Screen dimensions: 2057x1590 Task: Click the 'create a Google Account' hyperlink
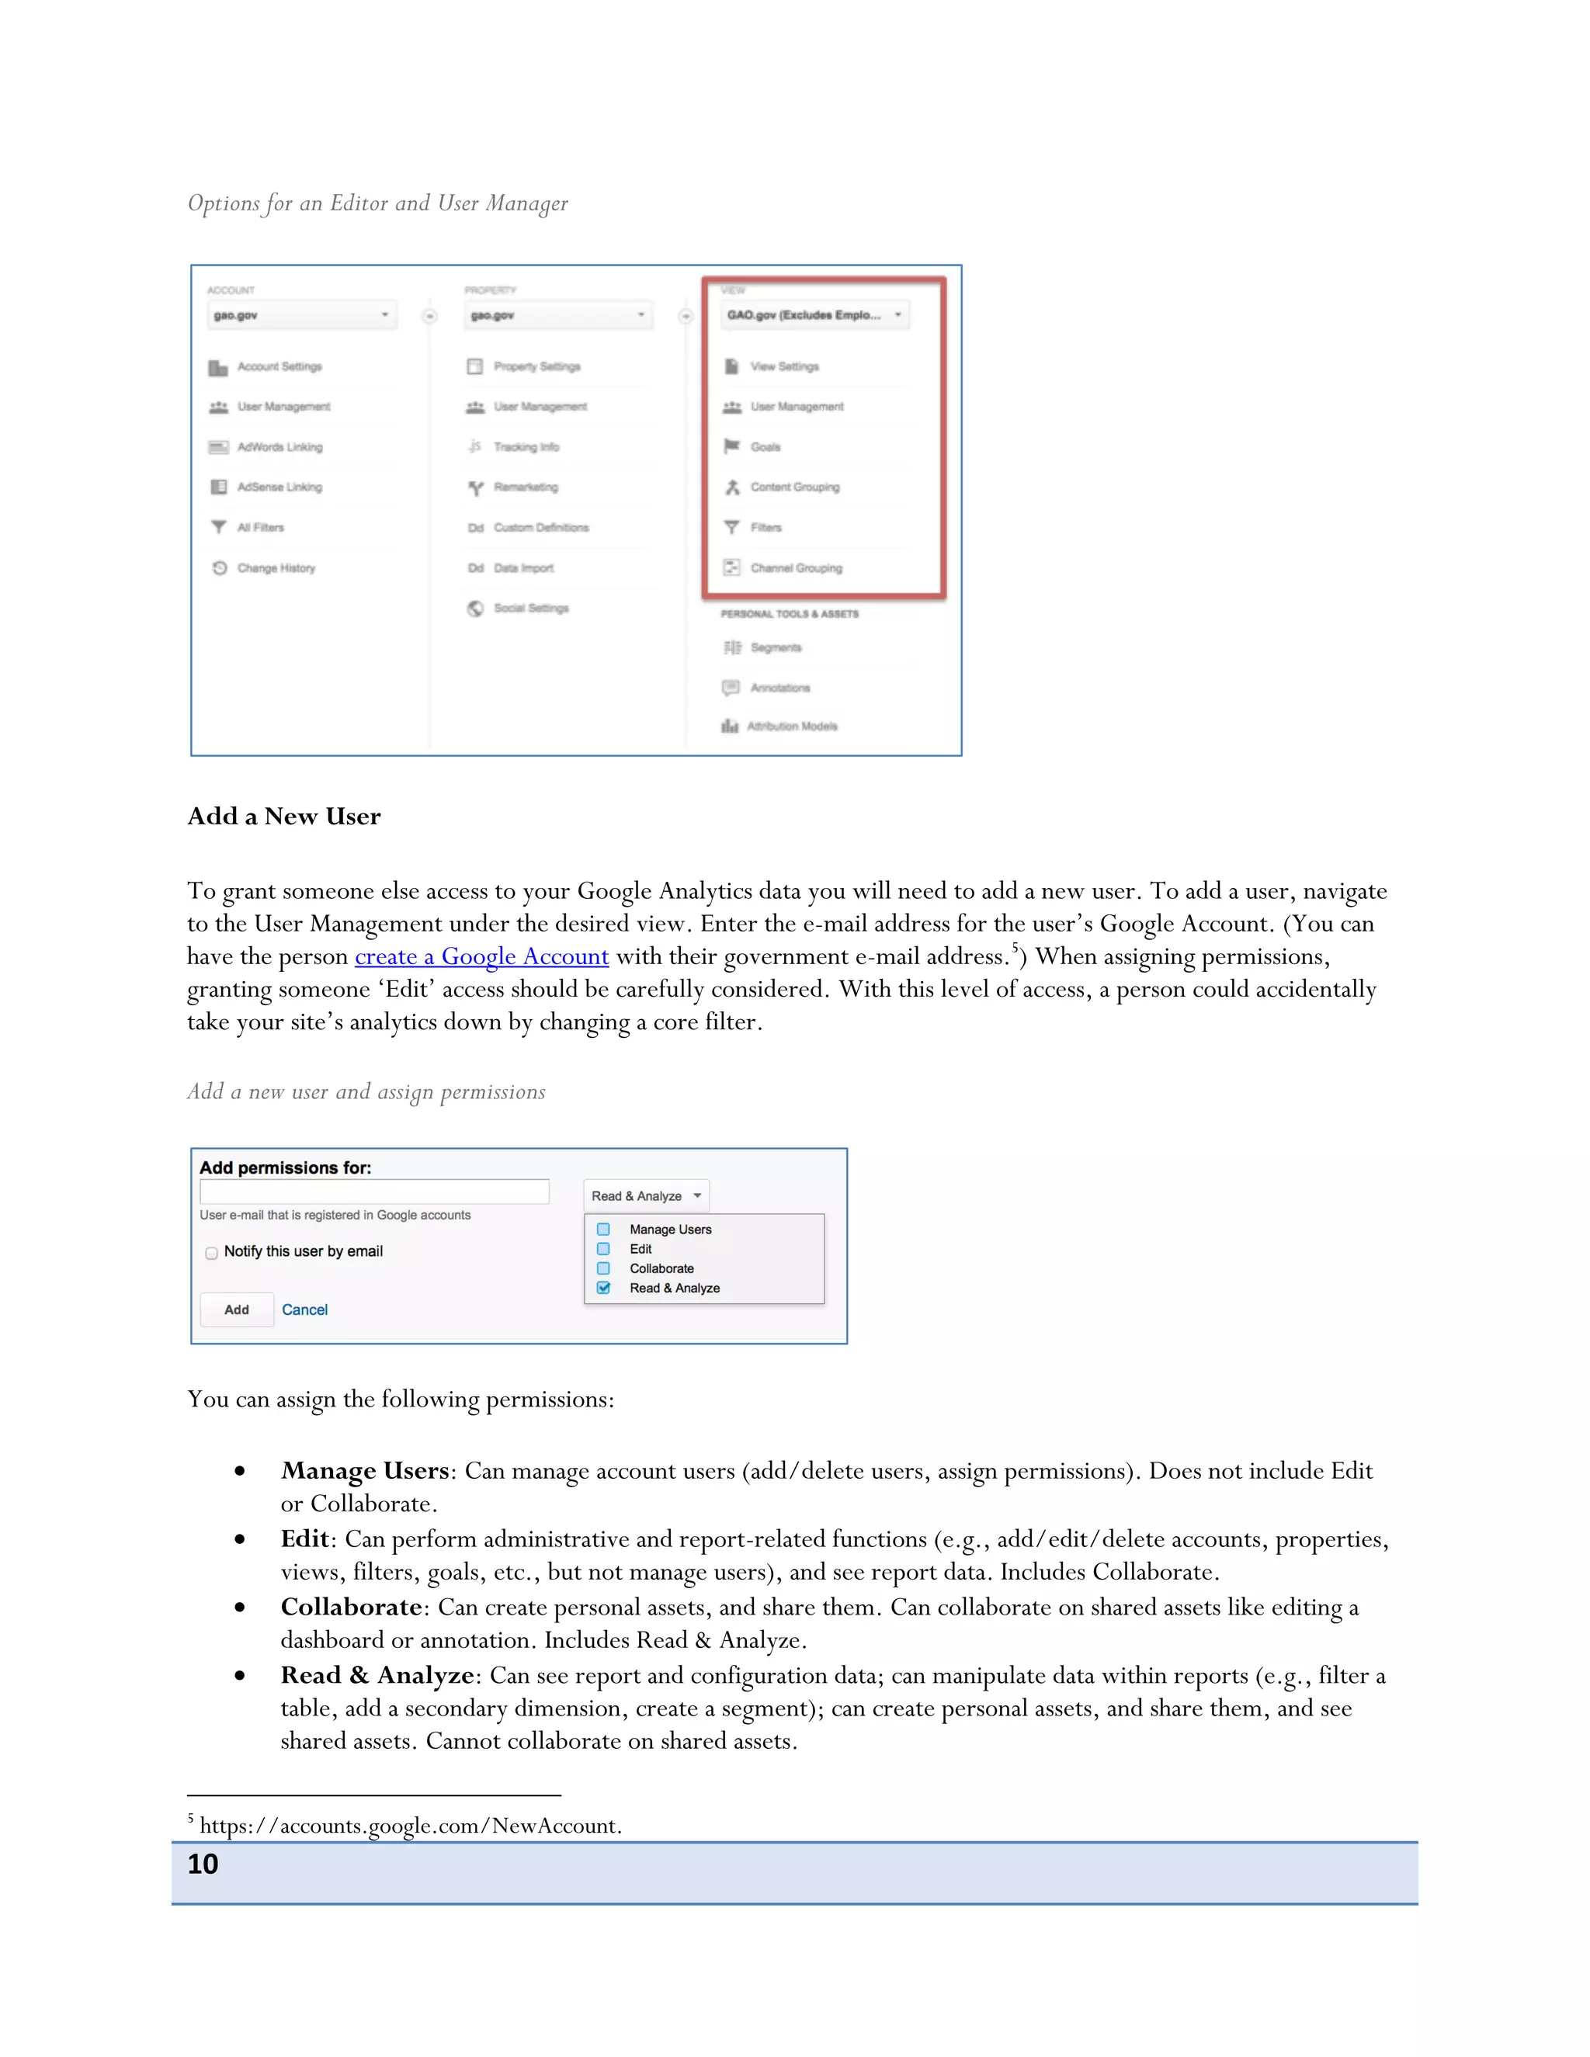481,957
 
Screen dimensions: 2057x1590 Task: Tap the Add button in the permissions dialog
237,1309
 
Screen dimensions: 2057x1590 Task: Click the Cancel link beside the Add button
304,1309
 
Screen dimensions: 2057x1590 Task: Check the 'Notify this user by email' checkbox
212,1253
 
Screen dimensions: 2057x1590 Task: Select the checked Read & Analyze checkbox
604,1288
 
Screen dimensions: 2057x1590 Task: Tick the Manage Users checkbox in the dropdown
604,1229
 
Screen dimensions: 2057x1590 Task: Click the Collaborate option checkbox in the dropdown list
604,1268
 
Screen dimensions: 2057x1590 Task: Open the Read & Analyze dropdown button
646,1195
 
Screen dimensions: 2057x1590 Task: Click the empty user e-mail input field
374,1192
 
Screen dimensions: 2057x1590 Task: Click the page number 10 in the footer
203,1864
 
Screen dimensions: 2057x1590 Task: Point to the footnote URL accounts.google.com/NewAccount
411,1826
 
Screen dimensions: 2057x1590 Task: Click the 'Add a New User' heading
283,816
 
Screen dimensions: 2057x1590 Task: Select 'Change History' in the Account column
276,568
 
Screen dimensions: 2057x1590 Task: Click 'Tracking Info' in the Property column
526,446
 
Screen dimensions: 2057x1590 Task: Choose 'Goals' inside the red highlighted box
765,446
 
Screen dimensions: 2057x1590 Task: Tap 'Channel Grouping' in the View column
796,568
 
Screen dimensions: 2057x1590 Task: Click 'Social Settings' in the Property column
530,608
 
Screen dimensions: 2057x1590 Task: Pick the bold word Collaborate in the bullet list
350,1607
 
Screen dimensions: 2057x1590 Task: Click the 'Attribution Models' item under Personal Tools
791,727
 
